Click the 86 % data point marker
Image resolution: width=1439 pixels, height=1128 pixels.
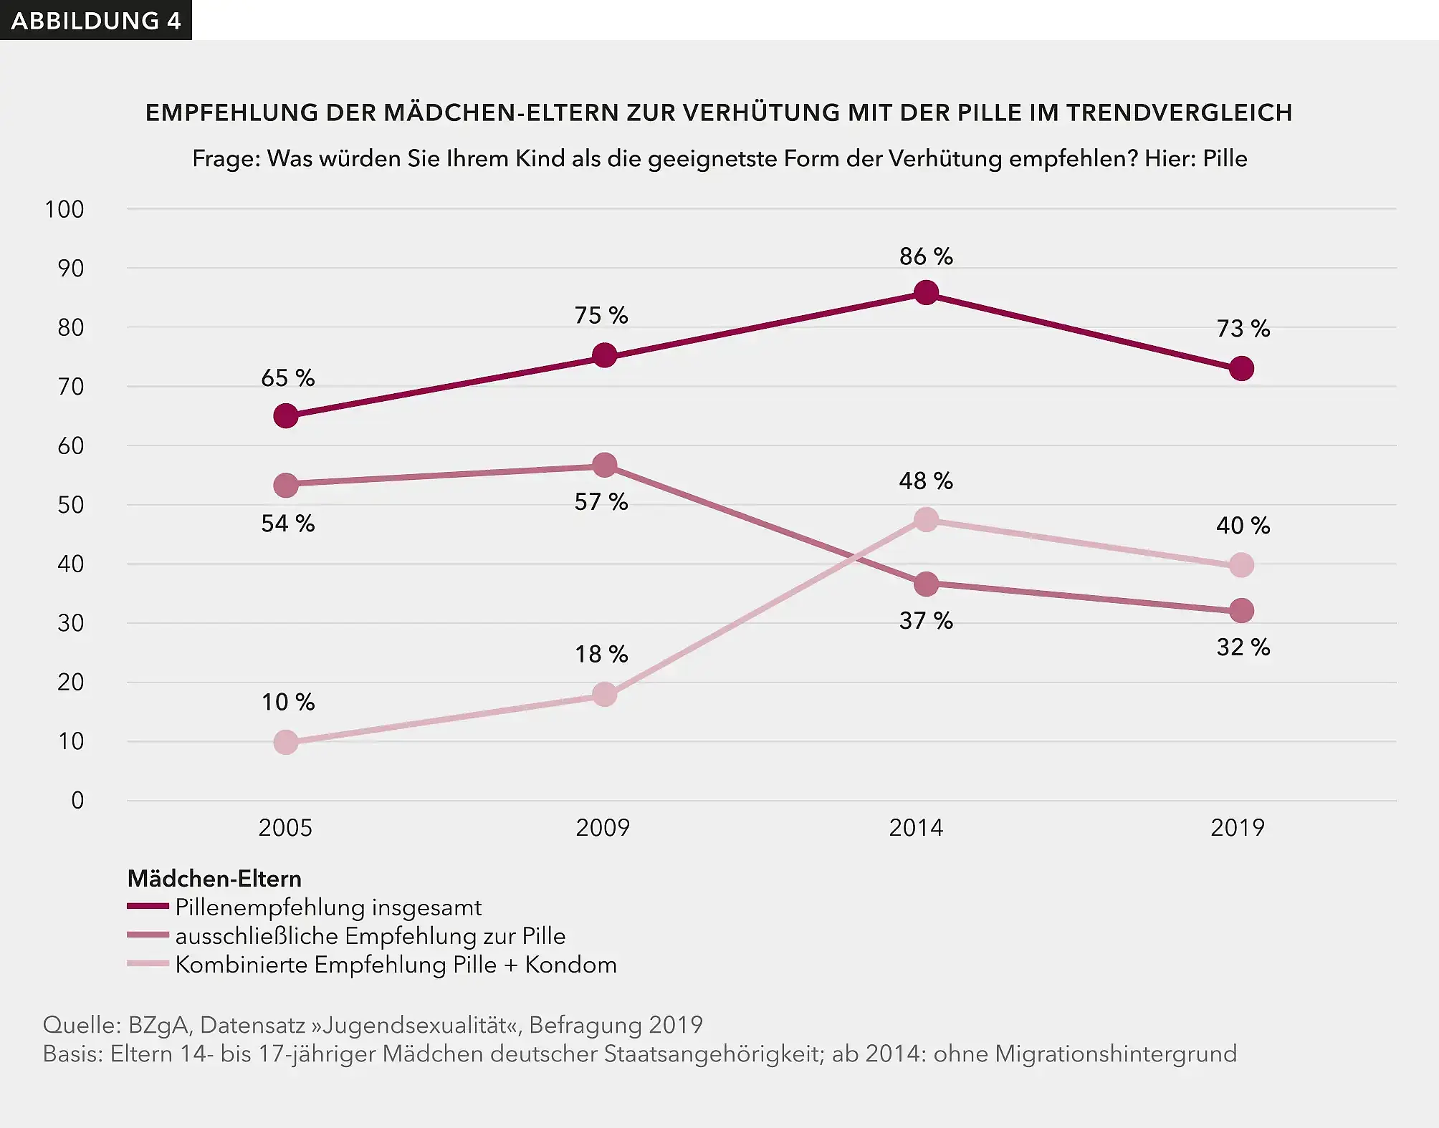(x=926, y=293)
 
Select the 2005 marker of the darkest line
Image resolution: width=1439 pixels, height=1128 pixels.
(x=286, y=415)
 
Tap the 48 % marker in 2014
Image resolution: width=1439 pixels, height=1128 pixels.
(x=926, y=520)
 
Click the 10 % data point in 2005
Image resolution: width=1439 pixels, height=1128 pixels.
(x=286, y=742)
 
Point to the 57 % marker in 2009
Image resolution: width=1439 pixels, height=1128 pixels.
(x=605, y=466)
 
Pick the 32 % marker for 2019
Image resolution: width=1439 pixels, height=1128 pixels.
(x=1241, y=611)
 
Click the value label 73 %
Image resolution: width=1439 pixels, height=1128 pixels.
(x=1243, y=329)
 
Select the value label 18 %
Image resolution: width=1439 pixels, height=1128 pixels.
(x=601, y=654)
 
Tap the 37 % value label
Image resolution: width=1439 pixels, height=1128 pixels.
(x=926, y=620)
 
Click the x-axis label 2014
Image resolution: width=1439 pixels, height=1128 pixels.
(x=916, y=828)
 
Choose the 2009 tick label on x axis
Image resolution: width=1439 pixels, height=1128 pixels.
(x=603, y=828)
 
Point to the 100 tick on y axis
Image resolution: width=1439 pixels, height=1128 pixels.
(x=64, y=210)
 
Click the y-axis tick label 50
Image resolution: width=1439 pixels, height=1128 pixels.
(x=70, y=505)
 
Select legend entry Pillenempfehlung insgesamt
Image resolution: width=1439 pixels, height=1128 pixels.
(x=328, y=907)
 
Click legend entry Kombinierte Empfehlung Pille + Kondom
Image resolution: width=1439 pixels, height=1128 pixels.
(x=396, y=965)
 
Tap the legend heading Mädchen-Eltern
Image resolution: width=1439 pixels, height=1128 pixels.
(x=214, y=879)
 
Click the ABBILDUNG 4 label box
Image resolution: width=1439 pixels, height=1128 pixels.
(x=95, y=20)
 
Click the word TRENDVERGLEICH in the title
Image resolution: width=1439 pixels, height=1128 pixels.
(x=1179, y=112)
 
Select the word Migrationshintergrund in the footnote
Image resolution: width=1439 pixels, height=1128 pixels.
(x=1116, y=1054)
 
